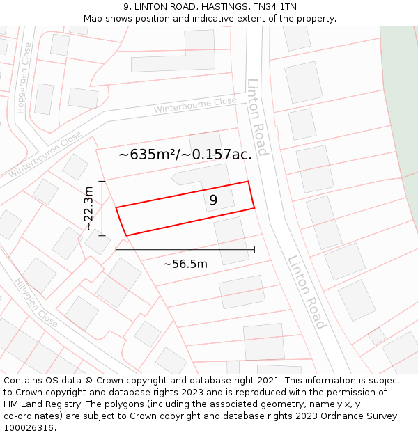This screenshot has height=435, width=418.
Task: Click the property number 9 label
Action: point(213,200)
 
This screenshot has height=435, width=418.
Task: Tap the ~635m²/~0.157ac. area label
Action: point(185,155)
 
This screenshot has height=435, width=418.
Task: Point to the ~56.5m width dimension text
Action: point(185,264)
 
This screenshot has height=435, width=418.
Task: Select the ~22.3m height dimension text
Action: point(88,208)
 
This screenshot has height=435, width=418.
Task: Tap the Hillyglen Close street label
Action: point(36,303)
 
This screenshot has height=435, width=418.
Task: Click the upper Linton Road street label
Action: point(256,117)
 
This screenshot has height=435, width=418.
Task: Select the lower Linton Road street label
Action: point(307,292)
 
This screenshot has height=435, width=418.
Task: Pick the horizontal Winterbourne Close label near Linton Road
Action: point(195,106)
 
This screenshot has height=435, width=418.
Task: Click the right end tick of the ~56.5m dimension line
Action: point(254,248)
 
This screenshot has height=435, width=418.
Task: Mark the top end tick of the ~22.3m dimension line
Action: point(102,182)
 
